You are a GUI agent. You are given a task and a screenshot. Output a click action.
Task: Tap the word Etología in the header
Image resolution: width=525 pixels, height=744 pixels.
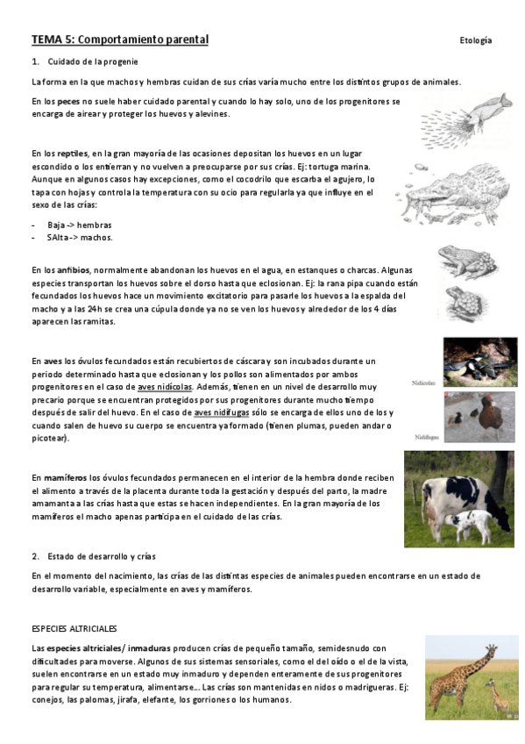(x=475, y=41)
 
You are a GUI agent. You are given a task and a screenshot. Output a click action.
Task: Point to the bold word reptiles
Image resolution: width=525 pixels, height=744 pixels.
(x=74, y=154)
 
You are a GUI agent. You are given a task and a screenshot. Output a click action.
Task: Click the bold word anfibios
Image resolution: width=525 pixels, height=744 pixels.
(x=74, y=269)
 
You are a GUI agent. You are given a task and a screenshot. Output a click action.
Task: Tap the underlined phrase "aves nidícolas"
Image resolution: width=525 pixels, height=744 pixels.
(x=165, y=386)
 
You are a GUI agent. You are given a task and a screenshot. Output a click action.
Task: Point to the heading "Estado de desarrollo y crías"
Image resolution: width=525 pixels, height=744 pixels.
(x=96, y=556)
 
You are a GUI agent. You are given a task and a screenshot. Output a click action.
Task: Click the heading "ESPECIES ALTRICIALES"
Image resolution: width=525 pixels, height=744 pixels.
(x=74, y=628)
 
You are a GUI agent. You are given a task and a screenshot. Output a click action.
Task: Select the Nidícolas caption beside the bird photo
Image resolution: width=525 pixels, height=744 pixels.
(x=424, y=383)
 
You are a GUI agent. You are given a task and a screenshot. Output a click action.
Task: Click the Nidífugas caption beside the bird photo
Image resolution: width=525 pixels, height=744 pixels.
(x=426, y=436)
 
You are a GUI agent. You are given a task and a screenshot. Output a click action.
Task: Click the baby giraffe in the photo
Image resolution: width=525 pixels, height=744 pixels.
(x=495, y=697)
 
